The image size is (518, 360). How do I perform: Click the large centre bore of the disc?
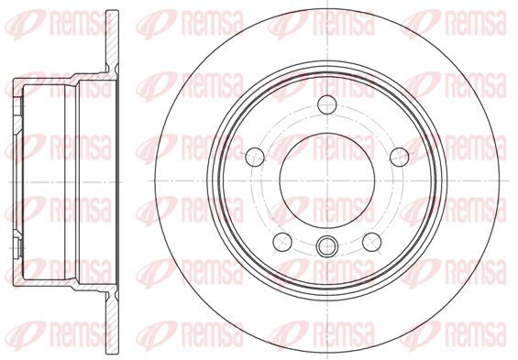click(x=327, y=180)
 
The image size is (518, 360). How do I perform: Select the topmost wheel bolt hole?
click(x=327, y=104)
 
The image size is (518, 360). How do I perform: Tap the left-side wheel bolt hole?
click(x=255, y=157)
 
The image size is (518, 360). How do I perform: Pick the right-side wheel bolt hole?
click(x=400, y=157)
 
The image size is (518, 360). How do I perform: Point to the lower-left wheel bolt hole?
click(x=282, y=242)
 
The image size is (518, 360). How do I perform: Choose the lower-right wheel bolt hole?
click(x=371, y=242)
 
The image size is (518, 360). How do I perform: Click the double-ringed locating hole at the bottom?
click(x=327, y=245)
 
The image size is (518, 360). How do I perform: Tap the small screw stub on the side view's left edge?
click(x=19, y=246)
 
